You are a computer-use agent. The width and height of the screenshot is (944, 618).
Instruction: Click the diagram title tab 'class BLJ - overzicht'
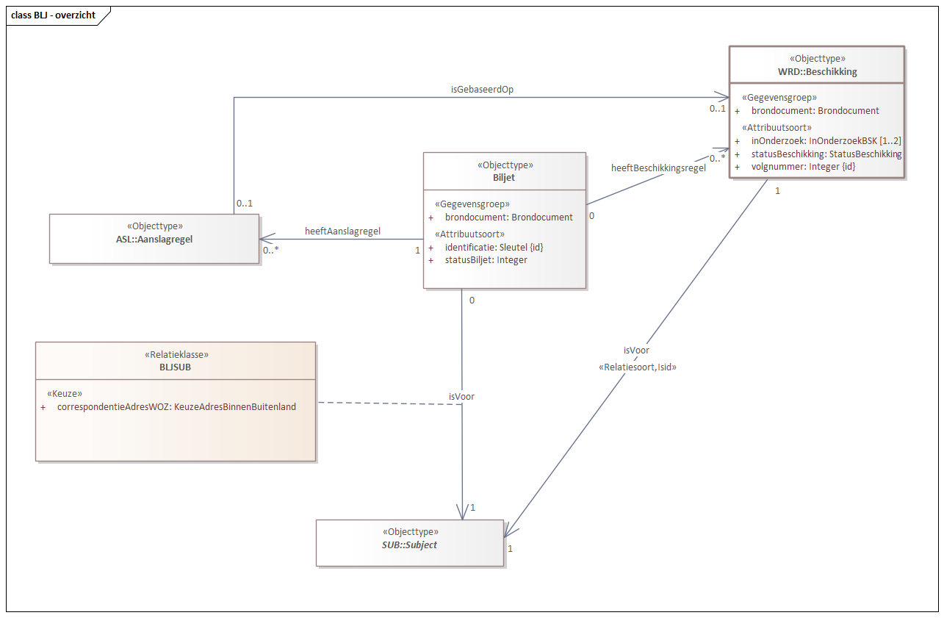point(54,15)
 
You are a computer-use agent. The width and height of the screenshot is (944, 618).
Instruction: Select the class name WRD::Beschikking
point(817,72)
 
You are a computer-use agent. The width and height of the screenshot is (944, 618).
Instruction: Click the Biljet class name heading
point(505,178)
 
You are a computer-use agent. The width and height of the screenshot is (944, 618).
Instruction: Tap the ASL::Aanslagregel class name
point(154,239)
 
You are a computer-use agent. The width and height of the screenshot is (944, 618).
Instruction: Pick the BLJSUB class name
point(176,366)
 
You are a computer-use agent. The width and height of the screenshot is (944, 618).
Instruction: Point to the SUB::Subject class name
point(410,545)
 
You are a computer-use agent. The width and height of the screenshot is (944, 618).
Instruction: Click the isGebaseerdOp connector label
point(481,89)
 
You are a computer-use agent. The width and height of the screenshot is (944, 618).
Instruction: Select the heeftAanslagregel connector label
point(342,231)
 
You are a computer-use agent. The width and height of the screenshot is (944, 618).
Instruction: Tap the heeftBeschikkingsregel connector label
point(658,168)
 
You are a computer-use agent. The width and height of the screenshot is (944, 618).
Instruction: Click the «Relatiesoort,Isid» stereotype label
point(638,366)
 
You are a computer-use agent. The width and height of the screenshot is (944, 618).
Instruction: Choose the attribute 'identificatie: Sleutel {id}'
point(494,247)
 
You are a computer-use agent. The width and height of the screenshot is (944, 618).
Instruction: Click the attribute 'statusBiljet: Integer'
point(486,259)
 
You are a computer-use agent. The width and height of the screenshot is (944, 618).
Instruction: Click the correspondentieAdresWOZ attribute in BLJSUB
point(176,406)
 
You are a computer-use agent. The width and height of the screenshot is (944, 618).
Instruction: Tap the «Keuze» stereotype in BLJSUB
point(64,393)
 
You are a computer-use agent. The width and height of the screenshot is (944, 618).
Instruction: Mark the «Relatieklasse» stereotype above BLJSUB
point(176,354)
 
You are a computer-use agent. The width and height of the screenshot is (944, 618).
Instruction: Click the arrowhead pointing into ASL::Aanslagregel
point(264,238)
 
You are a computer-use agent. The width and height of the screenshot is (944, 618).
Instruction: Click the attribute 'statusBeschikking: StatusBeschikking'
point(826,154)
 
